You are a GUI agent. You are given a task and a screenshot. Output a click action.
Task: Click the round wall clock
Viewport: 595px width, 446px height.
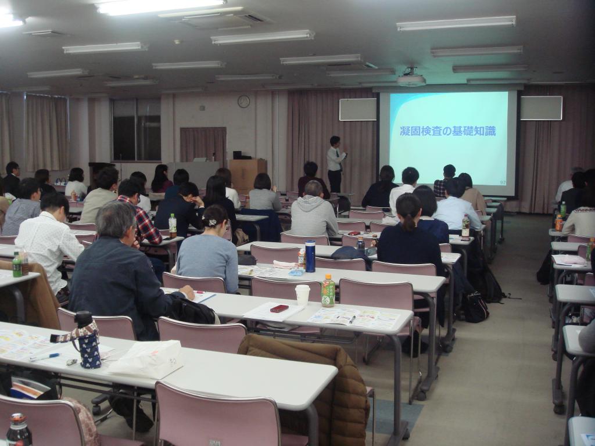pyautogui.click(x=243, y=102)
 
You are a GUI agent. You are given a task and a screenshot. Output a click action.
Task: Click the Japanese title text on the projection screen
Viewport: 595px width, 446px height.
pyautogui.click(x=447, y=131)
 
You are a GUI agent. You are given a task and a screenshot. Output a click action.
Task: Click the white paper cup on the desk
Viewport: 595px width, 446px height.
pyautogui.click(x=302, y=294)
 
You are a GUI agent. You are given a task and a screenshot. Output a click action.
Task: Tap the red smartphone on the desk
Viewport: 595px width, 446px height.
pyautogui.click(x=279, y=308)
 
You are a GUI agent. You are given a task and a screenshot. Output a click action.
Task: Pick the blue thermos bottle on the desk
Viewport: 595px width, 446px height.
pyautogui.click(x=310, y=256)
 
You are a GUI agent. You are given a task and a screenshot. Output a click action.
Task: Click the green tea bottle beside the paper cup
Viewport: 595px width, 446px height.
pyautogui.click(x=328, y=291)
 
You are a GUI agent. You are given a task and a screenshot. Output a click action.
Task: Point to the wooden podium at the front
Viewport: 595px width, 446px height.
pyautogui.click(x=247, y=174)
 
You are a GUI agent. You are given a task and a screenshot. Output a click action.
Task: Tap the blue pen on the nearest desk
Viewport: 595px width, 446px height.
pyautogui.click(x=45, y=357)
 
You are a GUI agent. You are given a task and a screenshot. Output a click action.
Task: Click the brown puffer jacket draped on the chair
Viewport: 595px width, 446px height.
pyautogui.click(x=325, y=383)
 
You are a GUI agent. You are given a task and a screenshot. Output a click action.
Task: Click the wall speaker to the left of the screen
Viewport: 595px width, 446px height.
pyautogui.click(x=358, y=109)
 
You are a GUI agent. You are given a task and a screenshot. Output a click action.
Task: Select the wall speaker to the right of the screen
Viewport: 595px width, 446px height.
pyautogui.click(x=541, y=108)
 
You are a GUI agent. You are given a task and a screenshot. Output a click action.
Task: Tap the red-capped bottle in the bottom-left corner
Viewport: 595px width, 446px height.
pyautogui.click(x=18, y=430)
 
